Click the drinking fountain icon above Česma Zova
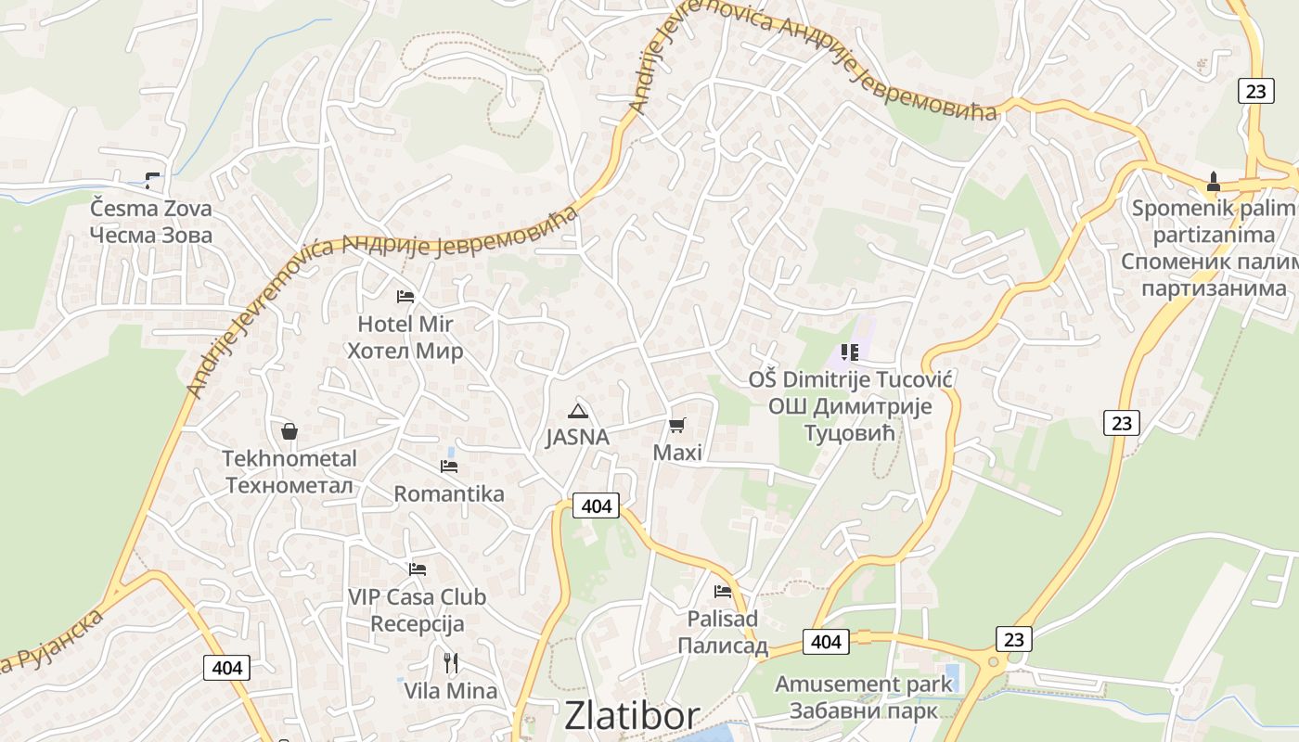point(152,180)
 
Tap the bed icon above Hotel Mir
point(405,297)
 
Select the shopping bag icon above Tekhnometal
point(289,431)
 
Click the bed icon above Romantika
point(449,466)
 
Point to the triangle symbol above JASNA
point(578,411)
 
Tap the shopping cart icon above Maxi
point(677,426)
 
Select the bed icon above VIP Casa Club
point(418,569)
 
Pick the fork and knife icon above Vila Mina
point(451,662)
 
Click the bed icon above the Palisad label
point(723,591)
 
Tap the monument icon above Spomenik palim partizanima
point(1213,180)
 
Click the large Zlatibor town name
point(632,716)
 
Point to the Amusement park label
point(863,684)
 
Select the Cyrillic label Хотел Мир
point(405,352)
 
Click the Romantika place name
point(449,493)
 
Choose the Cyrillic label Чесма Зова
point(151,235)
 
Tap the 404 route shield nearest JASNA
point(595,505)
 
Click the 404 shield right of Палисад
point(825,642)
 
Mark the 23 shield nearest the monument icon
point(1254,91)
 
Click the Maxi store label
point(677,453)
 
